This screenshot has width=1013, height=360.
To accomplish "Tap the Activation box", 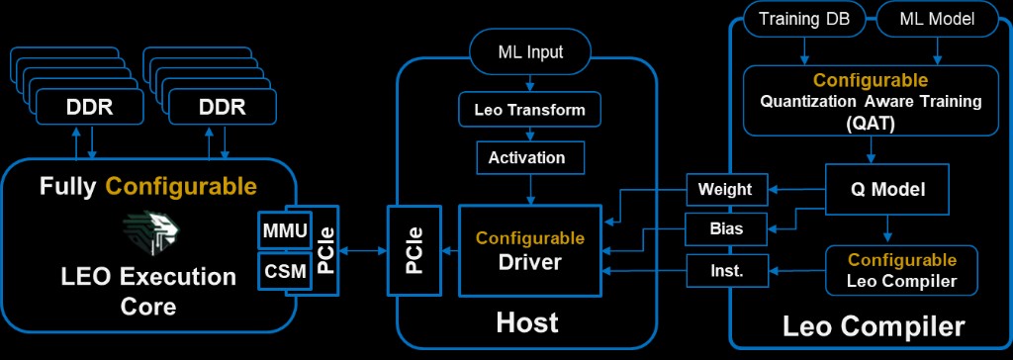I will (526, 157).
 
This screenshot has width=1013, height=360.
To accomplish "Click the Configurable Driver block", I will (529, 251).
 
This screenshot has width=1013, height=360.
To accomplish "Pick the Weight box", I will (725, 189).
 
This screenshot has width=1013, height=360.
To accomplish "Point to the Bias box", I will (725, 228).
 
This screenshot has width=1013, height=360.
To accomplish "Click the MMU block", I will (284, 230).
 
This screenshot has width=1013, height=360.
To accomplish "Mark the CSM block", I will (284, 269).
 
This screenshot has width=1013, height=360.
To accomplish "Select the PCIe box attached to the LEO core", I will (325, 251).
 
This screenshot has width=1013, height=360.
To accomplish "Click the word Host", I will (526, 322).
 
